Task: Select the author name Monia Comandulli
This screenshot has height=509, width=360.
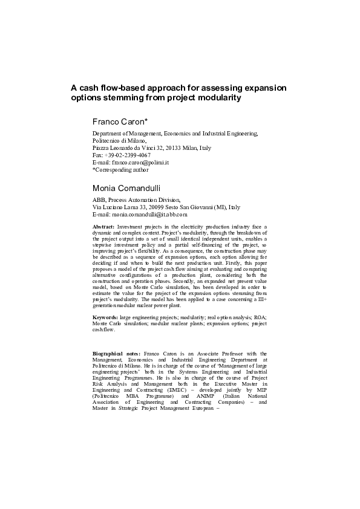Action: [x=126, y=188]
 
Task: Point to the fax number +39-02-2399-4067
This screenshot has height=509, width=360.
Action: [x=127, y=155]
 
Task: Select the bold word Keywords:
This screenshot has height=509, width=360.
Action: [x=105, y=317]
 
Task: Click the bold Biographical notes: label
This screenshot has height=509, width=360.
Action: [x=116, y=353]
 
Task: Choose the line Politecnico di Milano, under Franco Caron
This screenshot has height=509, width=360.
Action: [x=119, y=141]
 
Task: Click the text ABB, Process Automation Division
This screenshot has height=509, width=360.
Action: [x=136, y=199]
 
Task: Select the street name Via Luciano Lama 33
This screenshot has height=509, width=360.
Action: [x=117, y=207]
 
